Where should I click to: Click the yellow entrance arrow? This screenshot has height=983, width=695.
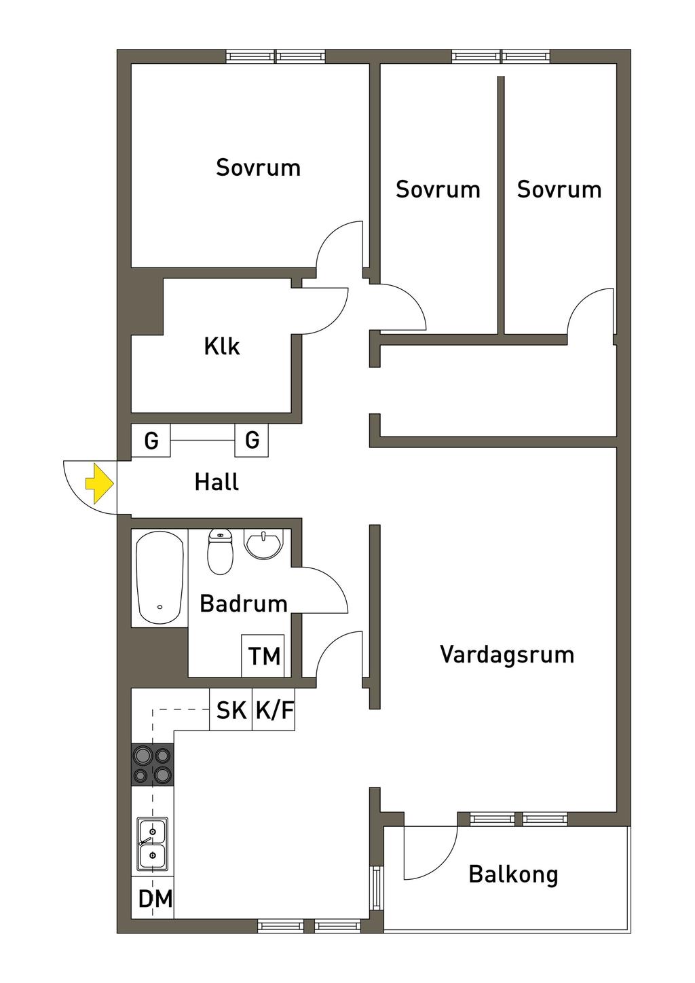pos(99,483)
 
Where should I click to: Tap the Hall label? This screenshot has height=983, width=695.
pos(217,483)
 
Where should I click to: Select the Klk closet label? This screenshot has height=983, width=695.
pos(222,347)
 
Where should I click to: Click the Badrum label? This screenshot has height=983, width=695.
pos(243,604)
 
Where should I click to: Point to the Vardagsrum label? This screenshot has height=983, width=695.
pos(507,654)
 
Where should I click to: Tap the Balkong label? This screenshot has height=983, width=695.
pos(513,874)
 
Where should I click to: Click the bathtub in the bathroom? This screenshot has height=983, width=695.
pos(160,577)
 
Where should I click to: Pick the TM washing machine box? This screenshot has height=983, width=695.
pos(263,656)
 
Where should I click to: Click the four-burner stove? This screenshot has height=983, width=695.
pos(152,764)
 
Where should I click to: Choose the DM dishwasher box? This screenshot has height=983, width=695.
pos(155,899)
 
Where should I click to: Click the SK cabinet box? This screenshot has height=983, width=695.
pos(231,710)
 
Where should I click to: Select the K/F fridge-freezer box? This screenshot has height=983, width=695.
pos(274,710)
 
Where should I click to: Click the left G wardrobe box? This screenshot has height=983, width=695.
pos(151,441)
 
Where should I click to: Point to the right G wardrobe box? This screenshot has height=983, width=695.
pos(252,441)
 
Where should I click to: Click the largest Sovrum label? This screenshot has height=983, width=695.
pos(258,168)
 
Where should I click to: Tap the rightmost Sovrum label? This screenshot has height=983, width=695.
pos(559,189)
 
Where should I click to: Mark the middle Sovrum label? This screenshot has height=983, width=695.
pos(438,189)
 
